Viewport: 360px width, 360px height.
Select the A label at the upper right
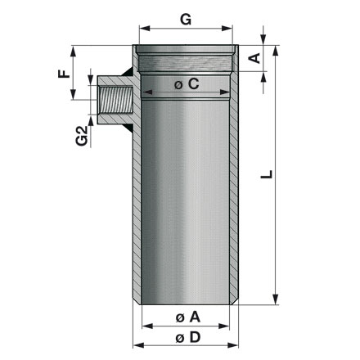pyautogui.click(x=254, y=57)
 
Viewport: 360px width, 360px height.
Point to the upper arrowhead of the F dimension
pyautogui.click(x=74, y=50)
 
